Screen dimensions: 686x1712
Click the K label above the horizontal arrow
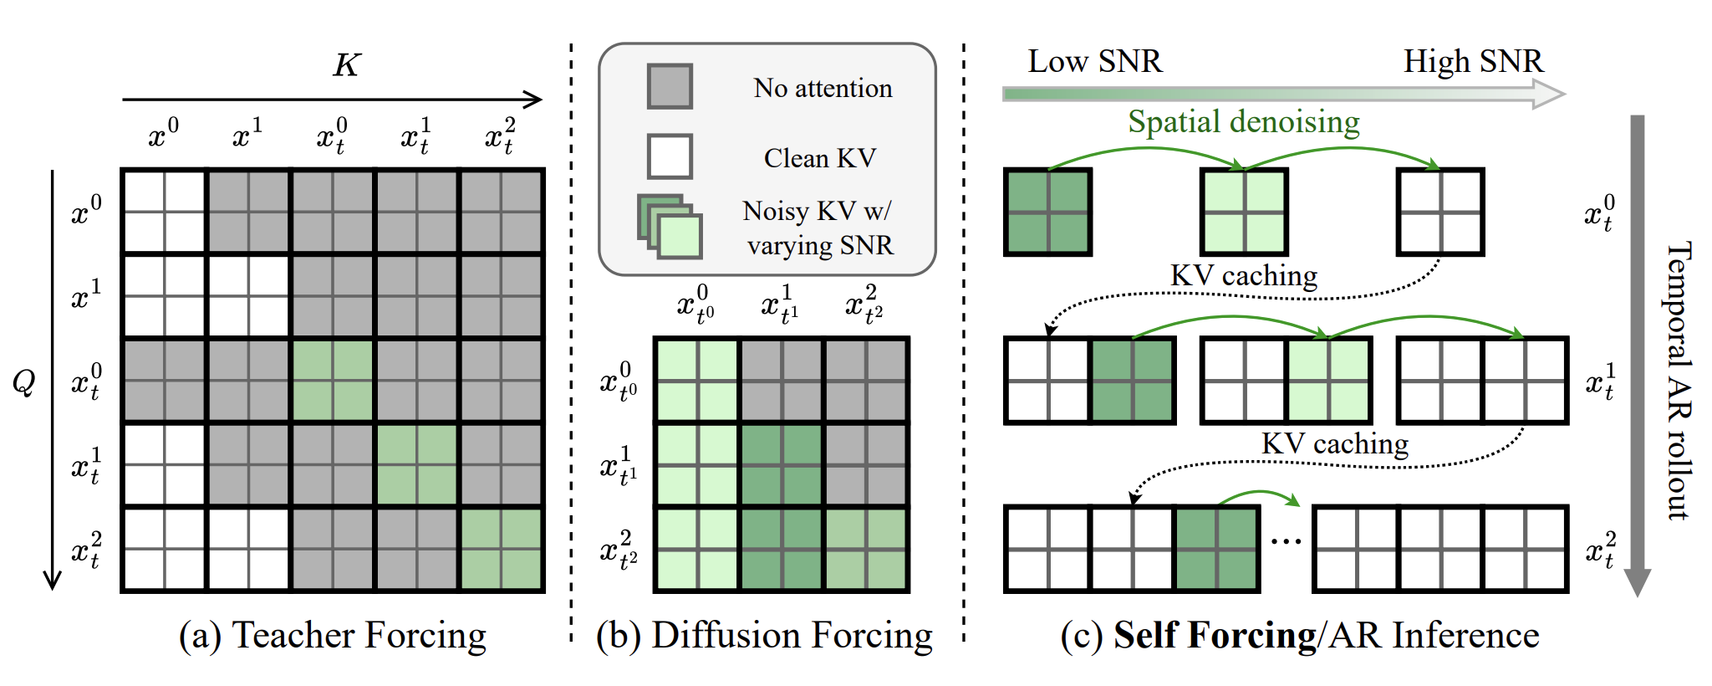click(x=346, y=65)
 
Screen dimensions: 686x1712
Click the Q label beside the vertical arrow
click(x=23, y=381)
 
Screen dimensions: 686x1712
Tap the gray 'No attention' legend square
click(x=670, y=86)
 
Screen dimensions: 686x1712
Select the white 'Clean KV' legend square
click(x=670, y=156)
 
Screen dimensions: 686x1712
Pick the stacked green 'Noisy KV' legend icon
click(x=670, y=226)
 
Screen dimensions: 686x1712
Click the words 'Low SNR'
click(x=1094, y=61)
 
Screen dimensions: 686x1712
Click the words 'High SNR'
click(x=1472, y=61)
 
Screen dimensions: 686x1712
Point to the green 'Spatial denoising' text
click(x=1243, y=122)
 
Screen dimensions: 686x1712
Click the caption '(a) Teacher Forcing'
click(x=332, y=635)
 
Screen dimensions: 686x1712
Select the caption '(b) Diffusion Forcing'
click(x=764, y=635)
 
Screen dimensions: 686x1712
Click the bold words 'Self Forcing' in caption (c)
click(x=1214, y=635)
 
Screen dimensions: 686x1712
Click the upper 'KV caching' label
click(x=1243, y=275)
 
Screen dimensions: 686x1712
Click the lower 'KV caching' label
click(x=1334, y=443)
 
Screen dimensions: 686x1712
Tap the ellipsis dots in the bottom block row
click(x=1286, y=542)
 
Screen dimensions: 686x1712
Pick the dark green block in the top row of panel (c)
click(x=1047, y=212)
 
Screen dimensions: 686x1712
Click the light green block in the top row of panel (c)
click(x=1244, y=212)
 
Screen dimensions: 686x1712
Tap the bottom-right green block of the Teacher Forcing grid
click(x=501, y=550)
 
